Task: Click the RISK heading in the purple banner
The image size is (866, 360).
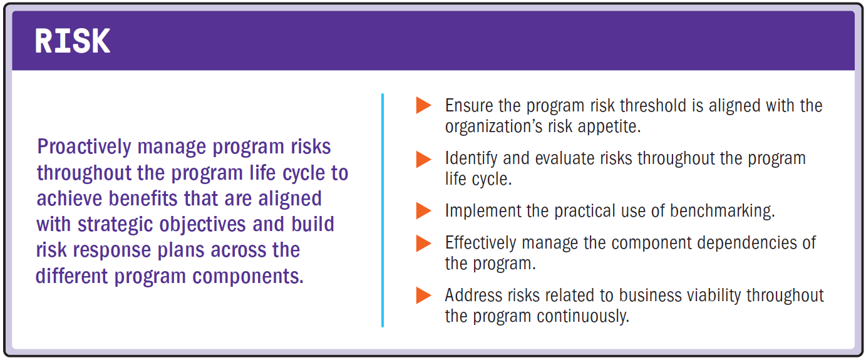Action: pyautogui.click(x=73, y=41)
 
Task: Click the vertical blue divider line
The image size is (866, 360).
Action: pyautogui.click(x=382, y=210)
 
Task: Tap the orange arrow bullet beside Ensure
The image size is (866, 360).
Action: pyautogui.click(x=424, y=106)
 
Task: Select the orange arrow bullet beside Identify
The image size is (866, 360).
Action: pyautogui.click(x=424, y=158)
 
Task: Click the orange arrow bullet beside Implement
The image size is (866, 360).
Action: pyautogui.click(x=424, y=210)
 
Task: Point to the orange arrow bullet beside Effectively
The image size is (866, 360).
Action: pyautogui.click(x=424, y=242)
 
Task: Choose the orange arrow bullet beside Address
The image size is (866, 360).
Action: pyautogui.click(x=424, y=295)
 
